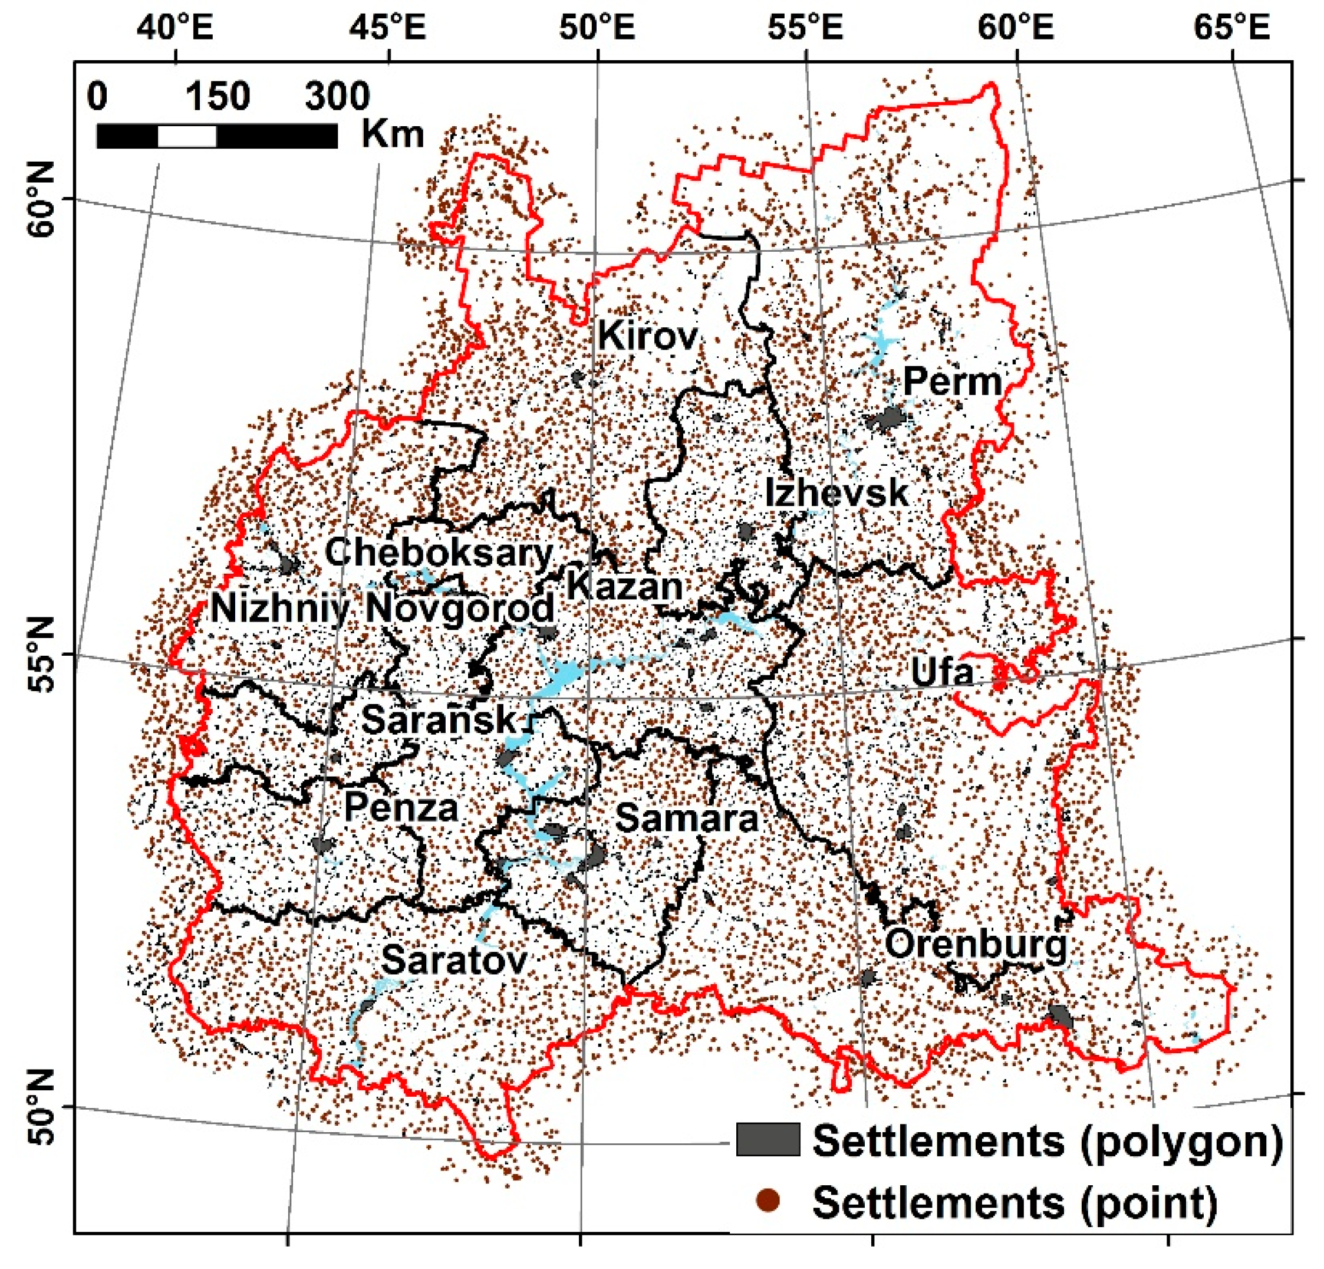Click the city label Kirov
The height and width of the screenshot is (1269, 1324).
point(647,336)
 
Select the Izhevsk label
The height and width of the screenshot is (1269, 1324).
point(836,492)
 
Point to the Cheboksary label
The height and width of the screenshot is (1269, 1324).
point(439,553)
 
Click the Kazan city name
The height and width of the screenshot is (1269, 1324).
point(624,586)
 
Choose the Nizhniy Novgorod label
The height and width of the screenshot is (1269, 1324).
point(383,608)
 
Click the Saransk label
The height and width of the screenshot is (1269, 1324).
point(439,719)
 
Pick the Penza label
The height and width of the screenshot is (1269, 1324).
point(401,808)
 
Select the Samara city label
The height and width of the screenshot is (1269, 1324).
point(686,819)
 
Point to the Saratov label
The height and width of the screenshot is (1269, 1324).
point(454,960)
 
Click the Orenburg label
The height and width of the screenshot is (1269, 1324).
point(976,944)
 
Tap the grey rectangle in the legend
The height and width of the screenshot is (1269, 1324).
point(768,1139)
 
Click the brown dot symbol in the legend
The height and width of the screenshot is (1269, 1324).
point(769,1201)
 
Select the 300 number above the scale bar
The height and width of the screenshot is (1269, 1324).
point(337,97)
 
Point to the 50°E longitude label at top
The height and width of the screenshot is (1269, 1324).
point(597,28)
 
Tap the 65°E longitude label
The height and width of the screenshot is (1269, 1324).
point(1231,28)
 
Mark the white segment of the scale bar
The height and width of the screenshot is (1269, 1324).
point(187,136)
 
